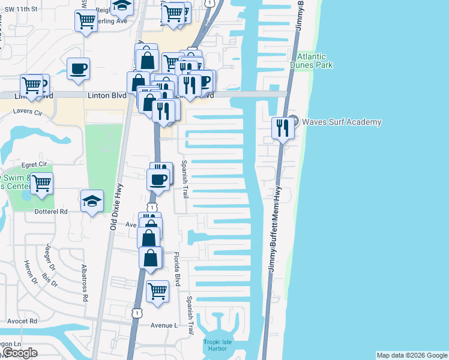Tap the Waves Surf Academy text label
[341, 122]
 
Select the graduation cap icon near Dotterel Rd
[92, 202]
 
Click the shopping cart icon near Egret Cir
[42, 183]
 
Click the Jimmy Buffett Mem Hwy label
[276, 228]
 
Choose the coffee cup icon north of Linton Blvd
[78, 69]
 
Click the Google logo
[19, 353]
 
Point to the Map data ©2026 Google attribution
[412, 355]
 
